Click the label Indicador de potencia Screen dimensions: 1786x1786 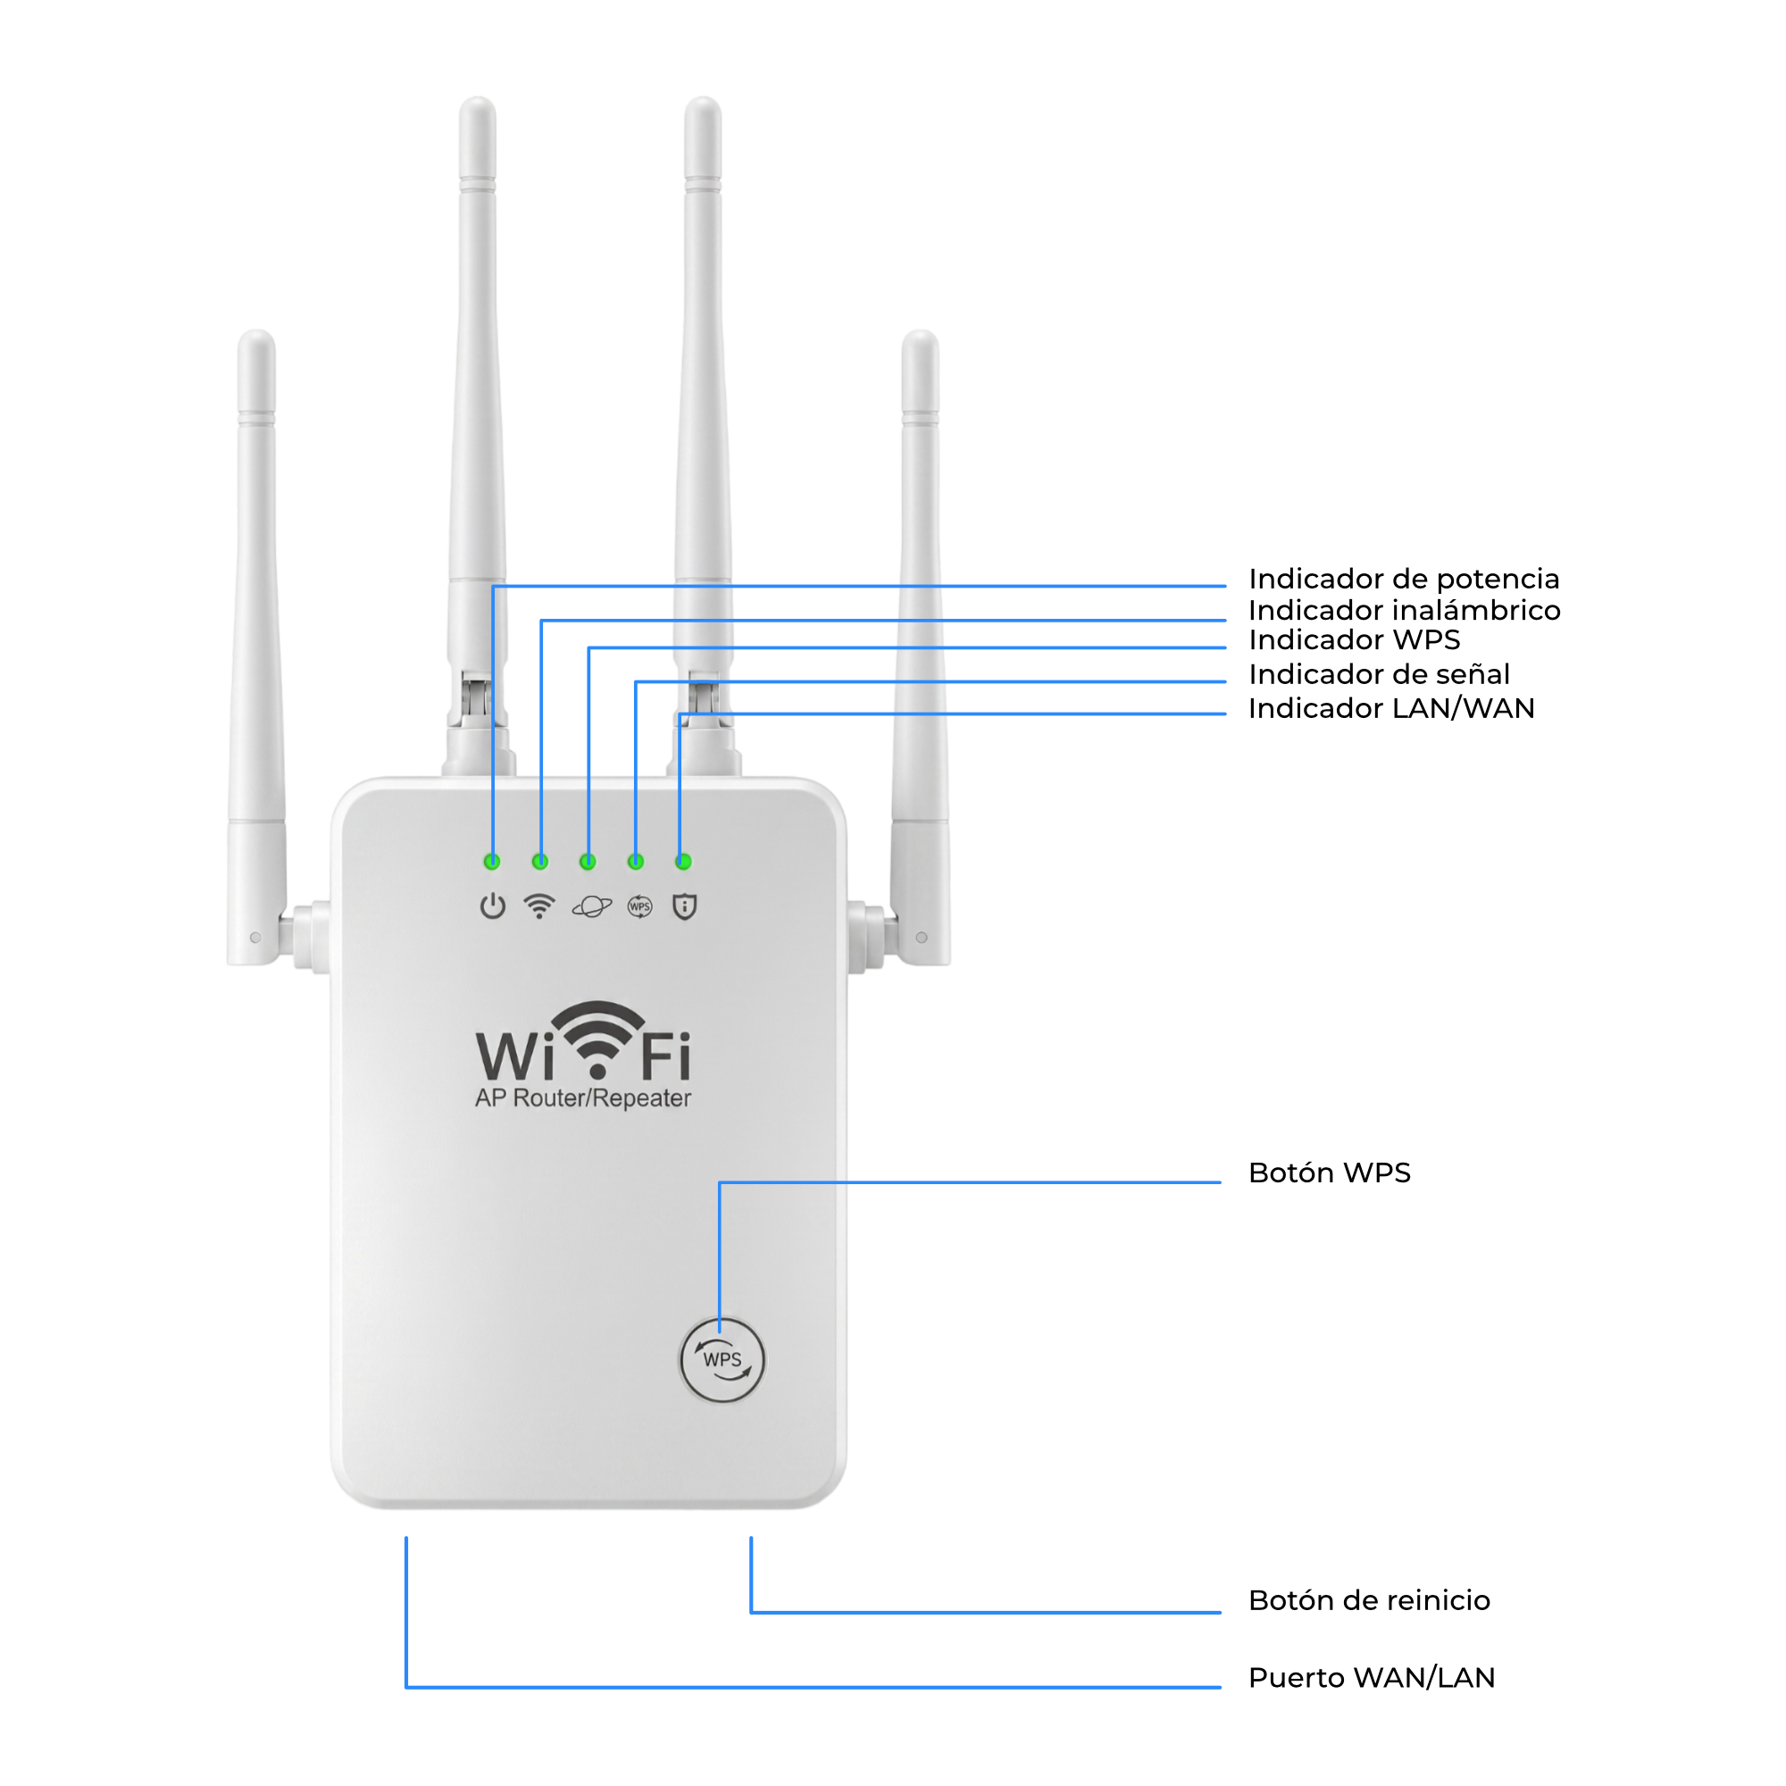click(1403, 579)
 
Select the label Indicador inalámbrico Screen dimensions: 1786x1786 click(1404, 610)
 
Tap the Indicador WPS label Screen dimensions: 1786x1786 click(1355, 639)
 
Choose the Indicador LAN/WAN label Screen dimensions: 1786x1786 click(1391, 708)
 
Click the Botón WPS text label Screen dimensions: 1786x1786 click(1330, 1173)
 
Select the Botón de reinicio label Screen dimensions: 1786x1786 click(1369, 1600)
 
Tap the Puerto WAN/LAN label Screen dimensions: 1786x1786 click(1372, 1677)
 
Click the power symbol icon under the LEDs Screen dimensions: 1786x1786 click(493, 906)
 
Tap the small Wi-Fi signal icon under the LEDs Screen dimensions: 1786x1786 click(539, 906)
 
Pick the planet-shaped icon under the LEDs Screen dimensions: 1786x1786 click(592, 907)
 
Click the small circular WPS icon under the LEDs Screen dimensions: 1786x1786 click(639, 907)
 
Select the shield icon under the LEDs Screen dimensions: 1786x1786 click(684, 907)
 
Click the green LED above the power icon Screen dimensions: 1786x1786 click(492, 862)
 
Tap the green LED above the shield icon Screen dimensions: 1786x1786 click(683, 862)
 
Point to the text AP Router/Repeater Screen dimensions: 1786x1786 click(582, 1098)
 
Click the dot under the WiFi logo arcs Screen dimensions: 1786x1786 click(597, 1071)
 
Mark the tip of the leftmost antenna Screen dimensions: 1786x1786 click(256, 333)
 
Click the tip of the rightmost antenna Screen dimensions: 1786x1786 click(920, 333)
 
